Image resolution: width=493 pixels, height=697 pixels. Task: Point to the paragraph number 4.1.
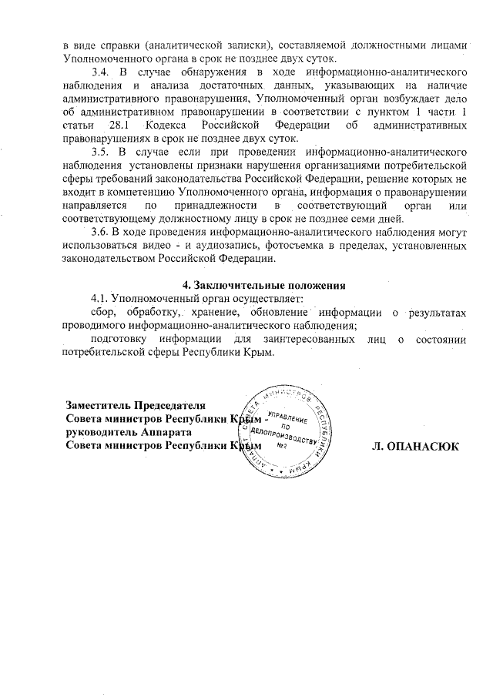pos(101,297)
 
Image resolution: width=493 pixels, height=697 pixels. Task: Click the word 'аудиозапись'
pos(230,244)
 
